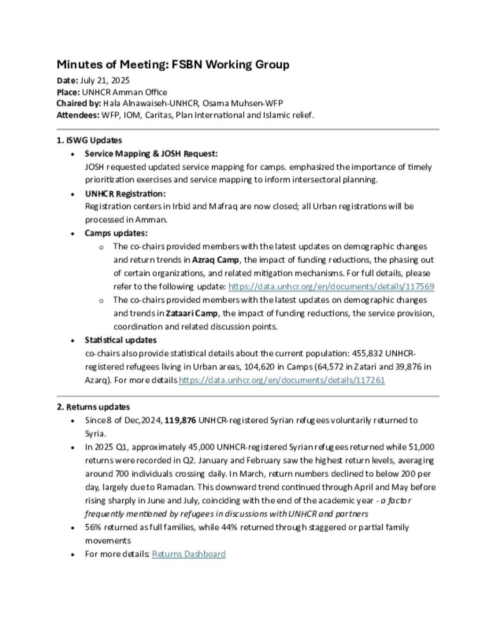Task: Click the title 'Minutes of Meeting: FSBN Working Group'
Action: (173, 64)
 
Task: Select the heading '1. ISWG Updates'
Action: (89, 140)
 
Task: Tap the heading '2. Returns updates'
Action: (93, 407)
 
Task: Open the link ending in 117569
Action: (331, 286)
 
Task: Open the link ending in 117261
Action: (281, 380)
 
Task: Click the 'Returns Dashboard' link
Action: (189, 554)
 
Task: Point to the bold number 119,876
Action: (180, 420)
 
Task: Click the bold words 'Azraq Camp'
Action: (216, 260)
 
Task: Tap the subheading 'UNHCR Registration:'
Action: (125, 194)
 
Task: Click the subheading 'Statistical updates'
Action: (120, 340)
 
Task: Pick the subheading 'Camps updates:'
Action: (116, 233)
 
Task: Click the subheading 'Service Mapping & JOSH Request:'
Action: (151, 154)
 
